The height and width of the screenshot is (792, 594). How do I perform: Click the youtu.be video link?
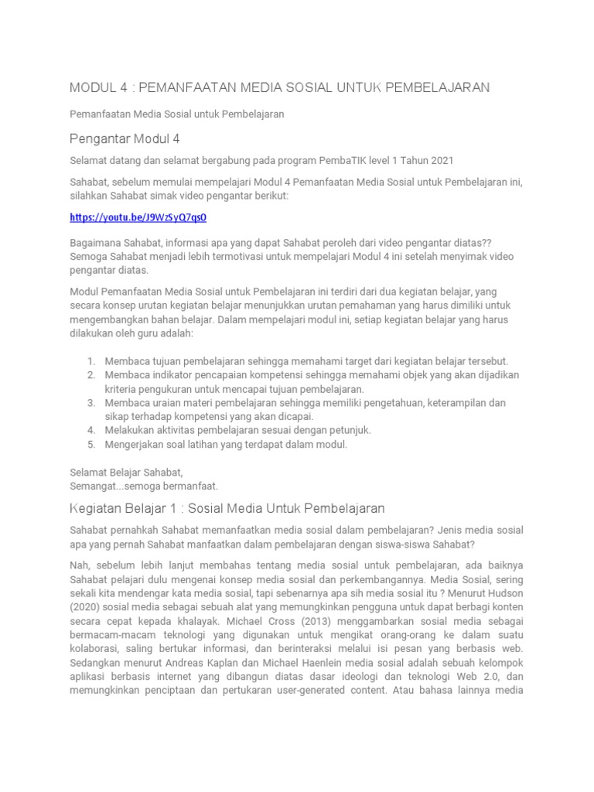coord(138,218)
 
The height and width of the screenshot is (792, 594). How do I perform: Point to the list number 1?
coord(90,361)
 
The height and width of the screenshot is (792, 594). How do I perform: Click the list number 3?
coord(90,403)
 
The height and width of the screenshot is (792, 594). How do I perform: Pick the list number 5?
coord(90,445)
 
